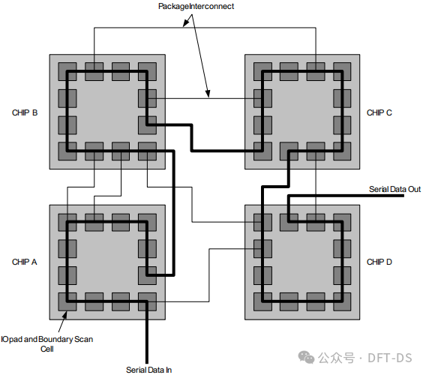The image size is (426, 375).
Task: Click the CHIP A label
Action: (25, 262)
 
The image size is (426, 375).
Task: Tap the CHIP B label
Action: (25, 112)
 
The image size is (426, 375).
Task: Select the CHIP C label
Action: (379, 112)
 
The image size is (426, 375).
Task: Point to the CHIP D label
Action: (379, 262)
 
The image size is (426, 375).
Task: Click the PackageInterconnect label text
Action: (196, 6)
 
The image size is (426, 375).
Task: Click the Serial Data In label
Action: (149, 370)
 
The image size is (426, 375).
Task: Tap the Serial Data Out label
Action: (394, 189)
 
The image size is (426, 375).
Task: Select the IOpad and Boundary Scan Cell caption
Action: (47, 344)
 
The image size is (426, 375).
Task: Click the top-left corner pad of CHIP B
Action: (67, 71)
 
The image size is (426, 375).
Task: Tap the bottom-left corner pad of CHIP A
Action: (67, 301)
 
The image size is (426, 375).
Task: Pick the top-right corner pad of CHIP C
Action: (342, 71)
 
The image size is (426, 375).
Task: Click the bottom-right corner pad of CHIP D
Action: (342, 301)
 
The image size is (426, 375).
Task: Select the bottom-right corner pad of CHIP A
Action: (147, 301)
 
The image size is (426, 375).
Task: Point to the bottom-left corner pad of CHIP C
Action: (262, 151)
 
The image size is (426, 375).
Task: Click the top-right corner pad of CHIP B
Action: (147, 71)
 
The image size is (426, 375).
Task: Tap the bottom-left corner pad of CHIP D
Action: (262, 301)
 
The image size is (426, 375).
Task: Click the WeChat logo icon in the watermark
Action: (306, 357)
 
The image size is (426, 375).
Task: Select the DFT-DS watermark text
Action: (390, 358)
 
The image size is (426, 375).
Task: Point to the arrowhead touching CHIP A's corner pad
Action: (64, 315)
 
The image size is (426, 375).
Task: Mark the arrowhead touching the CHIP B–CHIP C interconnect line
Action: (208, 94)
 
